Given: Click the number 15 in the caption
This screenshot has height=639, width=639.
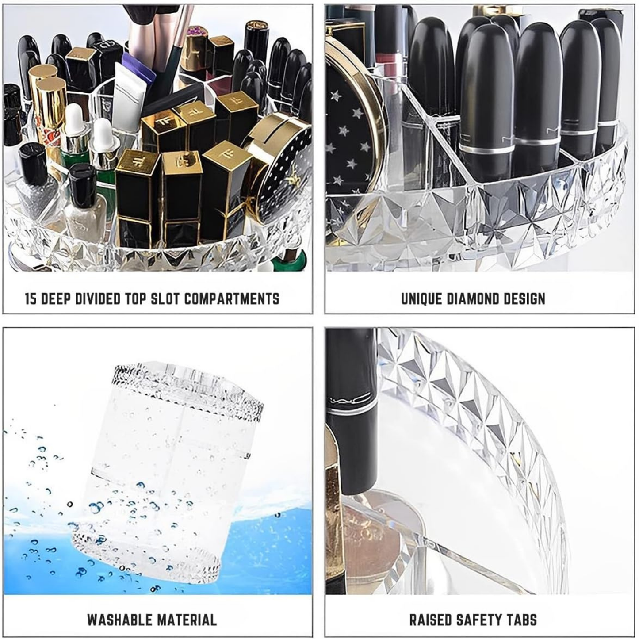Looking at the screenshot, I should point(31,299).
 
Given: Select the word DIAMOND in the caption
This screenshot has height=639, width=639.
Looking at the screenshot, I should point(473,299).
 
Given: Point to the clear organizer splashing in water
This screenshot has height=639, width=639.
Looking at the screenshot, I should point(168,469).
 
